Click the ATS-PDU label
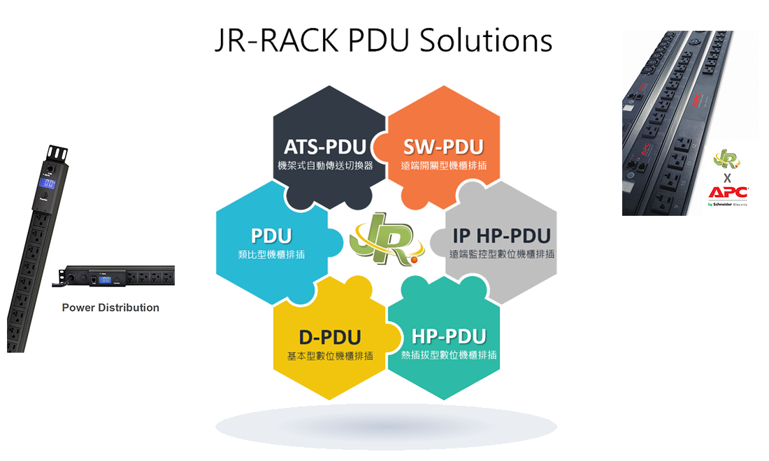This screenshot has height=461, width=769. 325,147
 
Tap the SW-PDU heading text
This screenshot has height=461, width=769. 443,147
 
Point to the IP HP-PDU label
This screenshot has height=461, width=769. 501,236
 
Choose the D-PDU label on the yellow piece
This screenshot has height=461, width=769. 330,338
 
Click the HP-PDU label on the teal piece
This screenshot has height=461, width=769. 449,337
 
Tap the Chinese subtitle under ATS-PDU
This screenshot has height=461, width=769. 325,166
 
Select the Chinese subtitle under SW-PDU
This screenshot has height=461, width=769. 443,166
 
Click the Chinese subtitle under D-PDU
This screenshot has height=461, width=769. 330,356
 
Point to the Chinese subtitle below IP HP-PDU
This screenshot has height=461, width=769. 501,254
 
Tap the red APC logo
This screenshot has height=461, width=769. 728,193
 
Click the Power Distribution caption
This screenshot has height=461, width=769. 110,307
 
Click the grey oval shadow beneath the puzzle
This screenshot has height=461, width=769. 386,425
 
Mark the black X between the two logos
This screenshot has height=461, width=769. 727,177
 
